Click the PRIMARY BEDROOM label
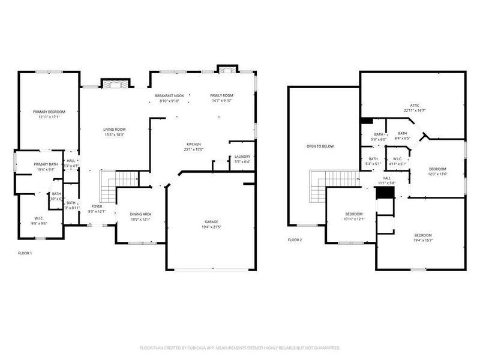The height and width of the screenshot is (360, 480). (x=49, y=112)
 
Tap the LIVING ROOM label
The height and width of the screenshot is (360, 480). (x=114, y=129)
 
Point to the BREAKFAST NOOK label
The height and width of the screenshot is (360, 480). (x=169, y=96)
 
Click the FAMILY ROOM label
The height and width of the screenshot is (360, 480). (x=221, y=96)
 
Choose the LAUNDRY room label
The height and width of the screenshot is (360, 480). (x=242, y=157)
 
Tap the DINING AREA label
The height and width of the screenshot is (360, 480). (x=140, y=214)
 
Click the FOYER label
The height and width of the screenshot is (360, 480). (x=97, y=206)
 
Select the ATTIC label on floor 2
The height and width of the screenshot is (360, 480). (x=415, y=105)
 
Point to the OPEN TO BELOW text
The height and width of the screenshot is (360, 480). (x=320, y=146)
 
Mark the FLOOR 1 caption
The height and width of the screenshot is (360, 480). (x=25, y=253)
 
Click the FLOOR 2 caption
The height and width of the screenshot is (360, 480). (x=295, y=240)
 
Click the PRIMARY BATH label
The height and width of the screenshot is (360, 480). (x=46, y=164)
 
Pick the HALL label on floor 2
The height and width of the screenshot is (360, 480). (x=386, y=178)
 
